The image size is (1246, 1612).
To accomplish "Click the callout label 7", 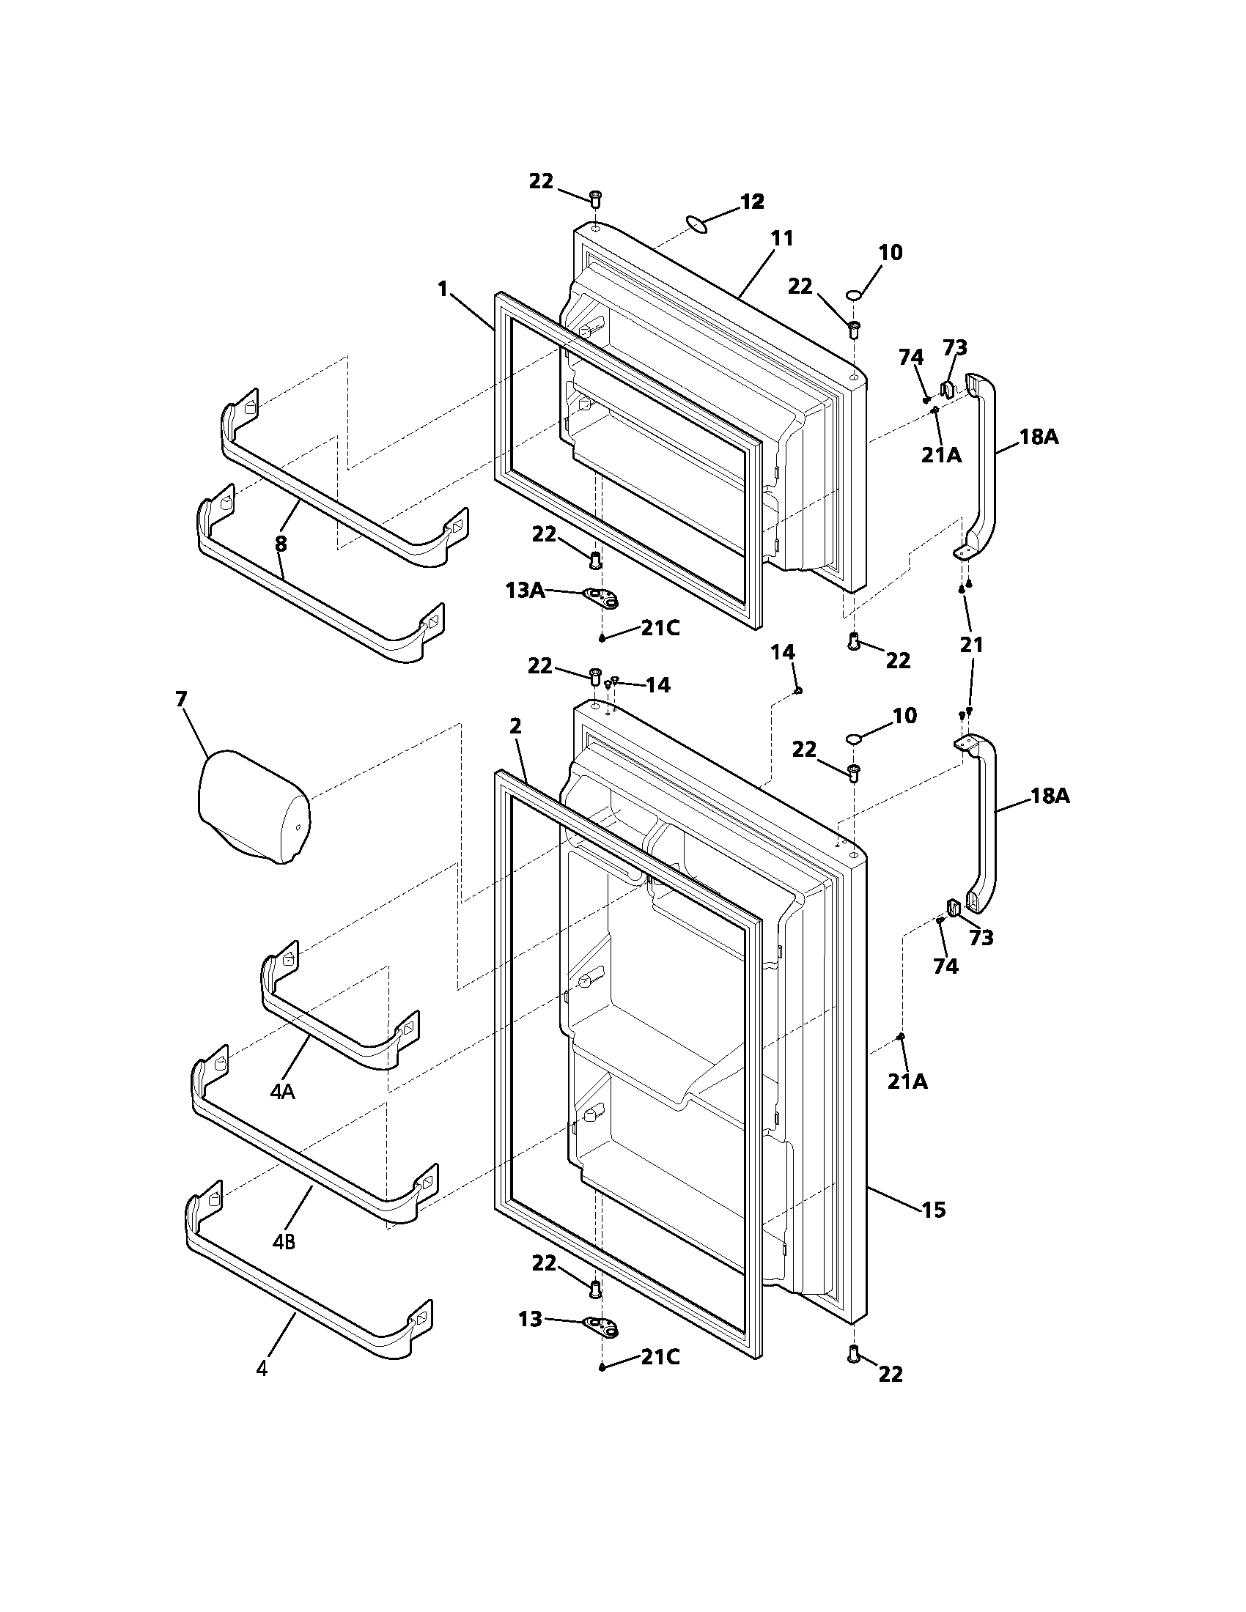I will coord(182,699).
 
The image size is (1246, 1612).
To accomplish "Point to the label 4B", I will coord(284,1242).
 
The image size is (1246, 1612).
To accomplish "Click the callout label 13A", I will coord(525,591).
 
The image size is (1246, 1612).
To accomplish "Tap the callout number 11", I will coord(782,238).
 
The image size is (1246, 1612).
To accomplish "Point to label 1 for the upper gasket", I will coord(443,289).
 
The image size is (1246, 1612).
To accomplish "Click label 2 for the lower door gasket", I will coord(515,726).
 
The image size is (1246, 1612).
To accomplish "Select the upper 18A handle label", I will coord(1039,437).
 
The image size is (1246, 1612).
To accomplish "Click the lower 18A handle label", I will coord(1050,796).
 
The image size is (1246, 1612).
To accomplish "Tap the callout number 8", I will coord(281,544).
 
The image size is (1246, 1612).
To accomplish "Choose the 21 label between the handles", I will coord(971,645).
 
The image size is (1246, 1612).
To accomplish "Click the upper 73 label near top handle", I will coord(955,347).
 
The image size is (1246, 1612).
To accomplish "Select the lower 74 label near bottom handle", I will coord(945,966).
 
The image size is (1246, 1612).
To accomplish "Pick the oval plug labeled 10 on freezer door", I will coord(855,296).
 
